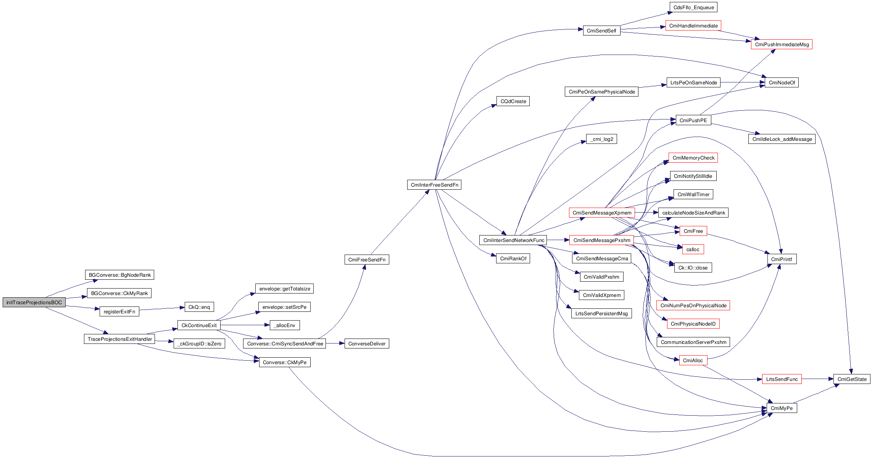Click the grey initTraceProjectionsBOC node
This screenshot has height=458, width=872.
click(34, 302)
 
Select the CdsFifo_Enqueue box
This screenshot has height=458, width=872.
click(693, 7)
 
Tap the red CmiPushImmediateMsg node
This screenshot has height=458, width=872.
click(782, 44)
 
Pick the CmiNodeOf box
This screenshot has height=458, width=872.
click(782, 82)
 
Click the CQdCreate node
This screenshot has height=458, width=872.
click(513, 101)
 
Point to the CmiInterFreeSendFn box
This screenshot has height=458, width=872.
click(434, 185)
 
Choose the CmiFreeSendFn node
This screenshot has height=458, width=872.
click(366, 260)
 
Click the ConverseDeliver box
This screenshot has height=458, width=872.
click(367, 343)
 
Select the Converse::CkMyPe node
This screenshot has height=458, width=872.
click(284, 362)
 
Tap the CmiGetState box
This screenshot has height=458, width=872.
click(852, 379)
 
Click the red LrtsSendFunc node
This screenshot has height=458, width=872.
click(782, 379)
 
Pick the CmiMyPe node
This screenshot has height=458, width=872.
click(782, 408)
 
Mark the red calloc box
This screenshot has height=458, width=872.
click(693, 249)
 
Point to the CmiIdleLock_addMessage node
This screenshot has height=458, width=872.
click(782, 139)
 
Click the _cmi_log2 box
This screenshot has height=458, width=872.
click(601, 139)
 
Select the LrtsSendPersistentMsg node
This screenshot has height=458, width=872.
click(601, 313)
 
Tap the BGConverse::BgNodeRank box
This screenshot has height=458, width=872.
click(119, 275)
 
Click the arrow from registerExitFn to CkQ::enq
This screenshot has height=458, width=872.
click(162, 308)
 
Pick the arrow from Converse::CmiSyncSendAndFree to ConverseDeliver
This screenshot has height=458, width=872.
click(335, 343)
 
